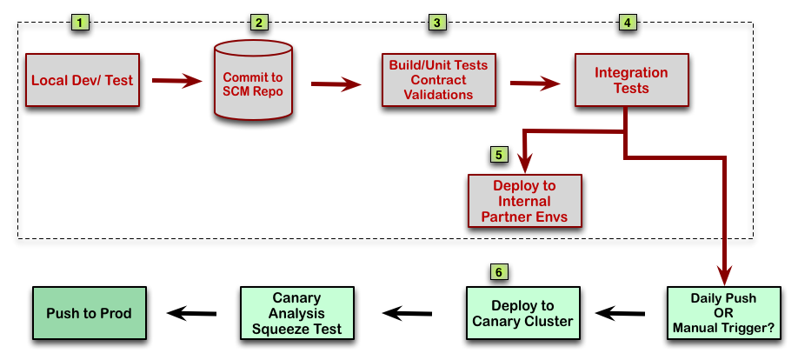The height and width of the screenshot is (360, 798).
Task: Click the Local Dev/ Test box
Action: pos(82,80)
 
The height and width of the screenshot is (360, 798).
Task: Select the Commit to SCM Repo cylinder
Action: pos(253,81)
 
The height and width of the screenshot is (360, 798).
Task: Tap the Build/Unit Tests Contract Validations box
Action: pos(437,80)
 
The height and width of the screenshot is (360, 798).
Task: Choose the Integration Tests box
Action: pos(630,80)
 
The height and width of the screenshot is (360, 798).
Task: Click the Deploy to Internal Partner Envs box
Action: pos(524,200)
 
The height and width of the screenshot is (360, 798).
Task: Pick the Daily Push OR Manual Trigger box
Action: pos(723,313)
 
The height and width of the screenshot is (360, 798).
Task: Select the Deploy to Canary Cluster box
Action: pos(522,313)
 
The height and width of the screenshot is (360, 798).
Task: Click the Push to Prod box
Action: pos(89,313)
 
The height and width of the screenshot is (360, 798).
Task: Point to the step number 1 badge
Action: pos(81,22)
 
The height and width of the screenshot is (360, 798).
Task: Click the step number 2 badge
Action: pos(257,22)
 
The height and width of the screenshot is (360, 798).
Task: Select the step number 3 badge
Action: pos(436,22)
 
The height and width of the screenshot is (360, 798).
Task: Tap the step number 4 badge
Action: pos(627,22)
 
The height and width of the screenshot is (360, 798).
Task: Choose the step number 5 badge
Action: pos(498,155)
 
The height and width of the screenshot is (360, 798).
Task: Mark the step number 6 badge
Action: pos(498,272)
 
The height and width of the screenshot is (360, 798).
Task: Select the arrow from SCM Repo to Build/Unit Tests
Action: pos(336,83)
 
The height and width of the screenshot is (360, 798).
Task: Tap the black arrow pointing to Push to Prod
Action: pos(192,313)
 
